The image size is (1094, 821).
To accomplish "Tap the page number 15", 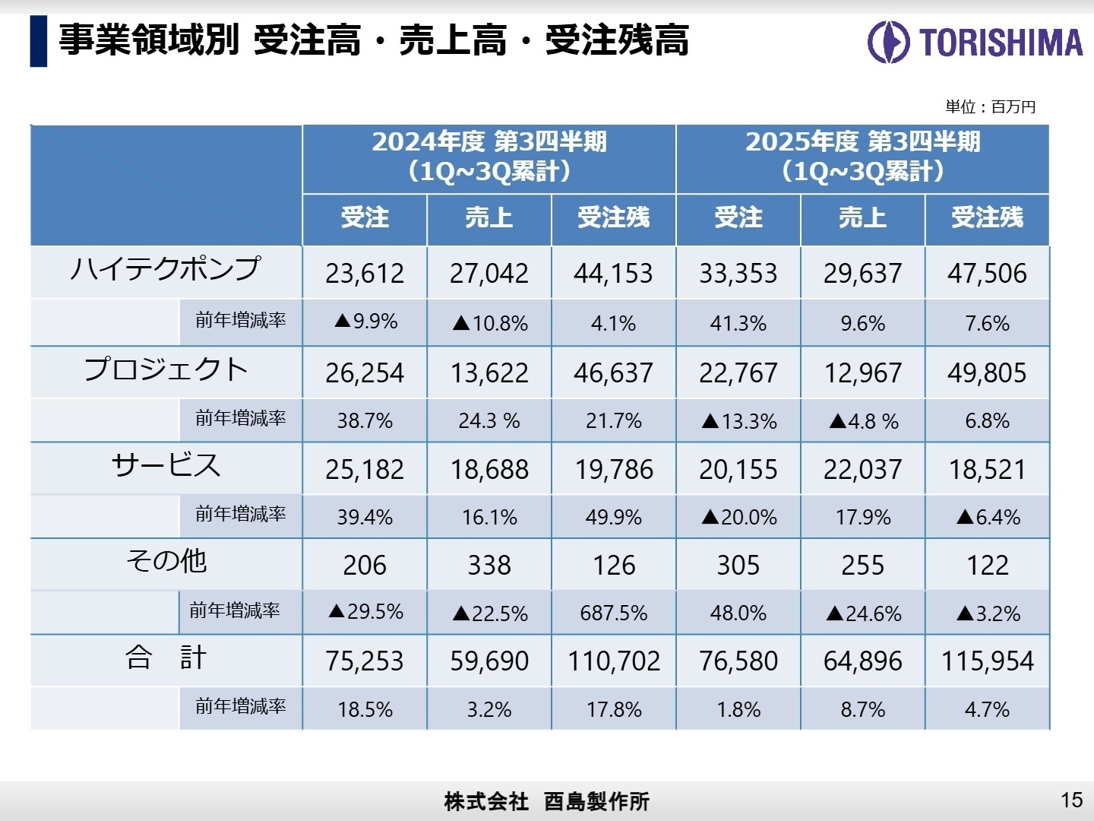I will click(x=1071, y=800).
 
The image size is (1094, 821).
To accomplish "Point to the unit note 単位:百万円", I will click(x=990, y=107).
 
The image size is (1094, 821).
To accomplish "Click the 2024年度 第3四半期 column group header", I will click(x=489, y=157).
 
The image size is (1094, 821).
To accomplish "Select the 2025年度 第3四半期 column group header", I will click(x=862, y=157).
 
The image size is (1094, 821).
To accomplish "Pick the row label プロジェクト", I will click(x=166, y=369).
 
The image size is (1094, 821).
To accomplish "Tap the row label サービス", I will click(x=166, y=465).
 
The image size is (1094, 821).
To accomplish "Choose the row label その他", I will click(x=166, y=562).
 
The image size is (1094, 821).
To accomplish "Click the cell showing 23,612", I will click(x=365, y=274).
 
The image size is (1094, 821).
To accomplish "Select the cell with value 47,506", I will click(x=987, y=274).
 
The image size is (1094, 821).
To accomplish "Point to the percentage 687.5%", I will click(x=613, y=613).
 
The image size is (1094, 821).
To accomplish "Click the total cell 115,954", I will click(x=987, y=661).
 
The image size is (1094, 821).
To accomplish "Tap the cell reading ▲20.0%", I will click(x=738, y=518).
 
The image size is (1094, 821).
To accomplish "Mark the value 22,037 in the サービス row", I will click(x=862, y=470).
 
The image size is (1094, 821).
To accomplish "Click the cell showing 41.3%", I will click(x=738, y=324).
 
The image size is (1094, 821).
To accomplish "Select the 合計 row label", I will click(x=166, y=658).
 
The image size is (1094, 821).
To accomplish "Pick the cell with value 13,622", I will click(x=489, y=373).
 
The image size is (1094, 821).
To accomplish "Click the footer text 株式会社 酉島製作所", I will click(x=546, y=801).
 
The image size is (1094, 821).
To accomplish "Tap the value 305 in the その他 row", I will click(x=738, y=566).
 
